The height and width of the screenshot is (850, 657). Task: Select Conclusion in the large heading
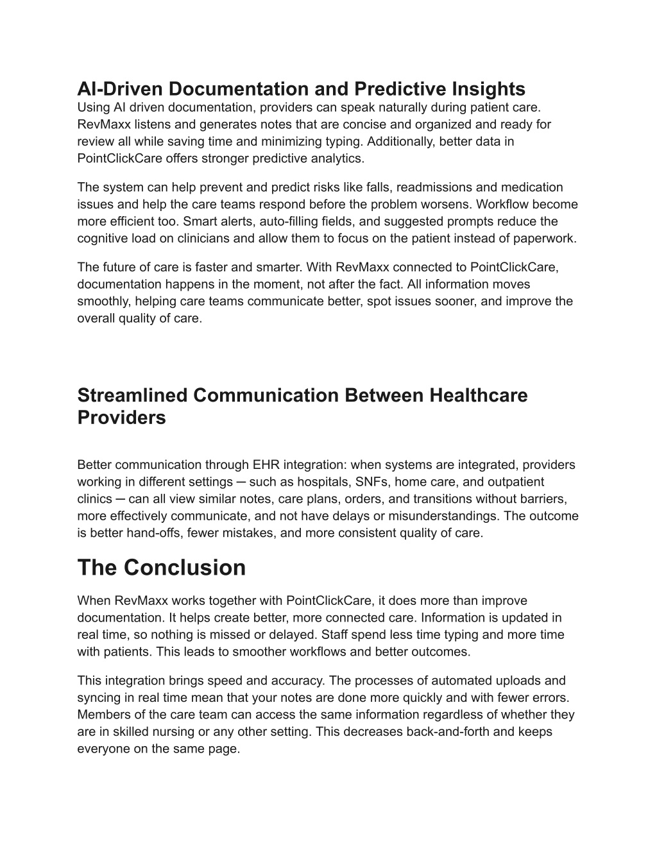point(185,568)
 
